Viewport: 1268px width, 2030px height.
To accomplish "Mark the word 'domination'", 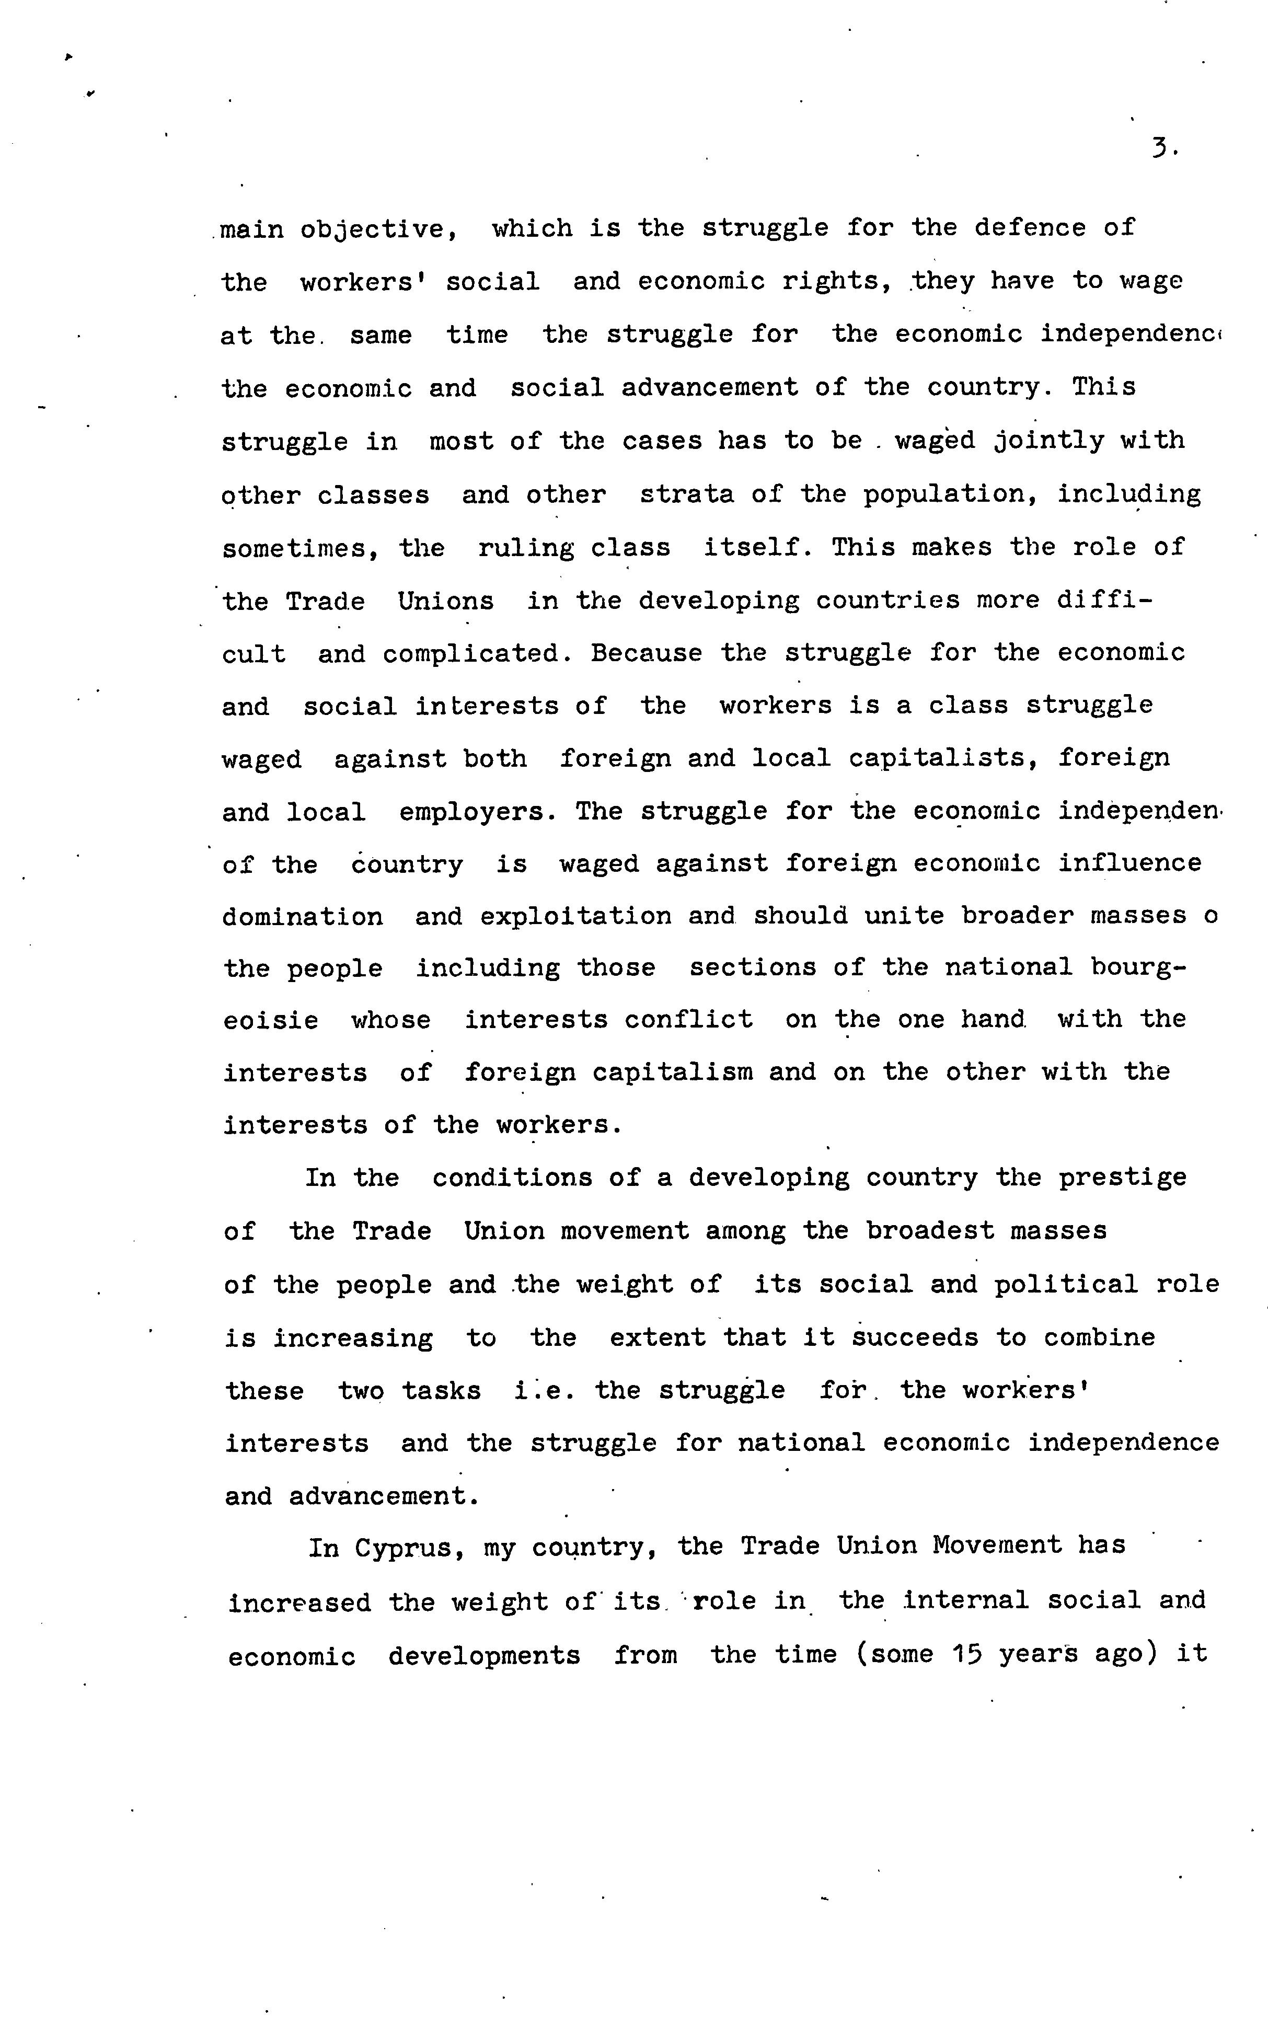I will [x=303, y=916].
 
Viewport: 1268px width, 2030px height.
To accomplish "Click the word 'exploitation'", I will [x=575, y=916].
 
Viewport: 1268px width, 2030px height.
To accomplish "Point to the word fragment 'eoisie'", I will [x=271, y=1020].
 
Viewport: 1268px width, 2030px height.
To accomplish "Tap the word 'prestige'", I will [x=1122, y=1178].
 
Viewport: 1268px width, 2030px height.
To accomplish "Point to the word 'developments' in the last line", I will [x=484, y=1656].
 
